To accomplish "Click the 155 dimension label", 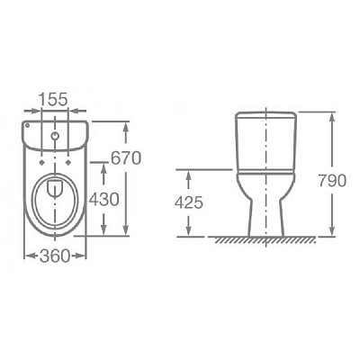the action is (x=54, y=99).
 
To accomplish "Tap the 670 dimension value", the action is (x=126, y=158).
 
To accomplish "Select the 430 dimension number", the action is (x=103, y=199).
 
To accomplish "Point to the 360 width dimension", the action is (x=55, y=256).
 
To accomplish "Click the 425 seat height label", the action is (x=189, y=202).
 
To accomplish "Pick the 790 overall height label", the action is (x=332, y=181).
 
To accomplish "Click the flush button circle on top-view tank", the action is (x=55, y=136).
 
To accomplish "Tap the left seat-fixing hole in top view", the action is (x=41, y=162).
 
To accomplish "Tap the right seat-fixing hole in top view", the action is (x=68, y=162).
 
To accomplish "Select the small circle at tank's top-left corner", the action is (x=26, y=125).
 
